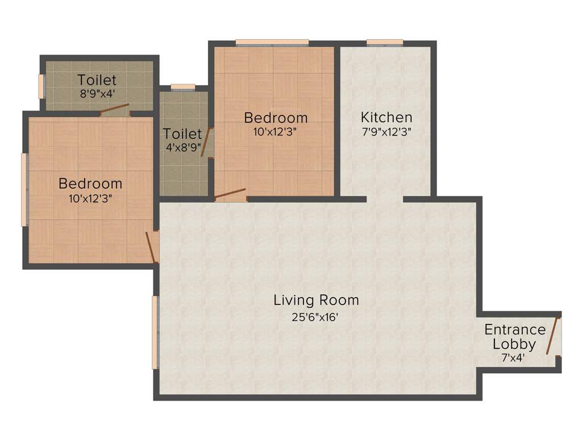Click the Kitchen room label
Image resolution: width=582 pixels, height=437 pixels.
click(x=386, y=118)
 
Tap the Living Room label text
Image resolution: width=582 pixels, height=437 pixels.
click(x=316, y=300)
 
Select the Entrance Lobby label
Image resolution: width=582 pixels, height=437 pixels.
click(x=514, y=337)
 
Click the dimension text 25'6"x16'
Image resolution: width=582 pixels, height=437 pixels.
click(x=315, y=318)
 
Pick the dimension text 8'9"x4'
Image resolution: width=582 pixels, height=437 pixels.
click(x=97, y=94)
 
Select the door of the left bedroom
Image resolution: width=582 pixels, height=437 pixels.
click(x=151, y=247)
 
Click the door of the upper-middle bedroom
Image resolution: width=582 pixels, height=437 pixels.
click(x=230, y=194)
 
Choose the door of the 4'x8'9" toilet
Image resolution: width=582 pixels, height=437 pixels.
click(x=208, y=142)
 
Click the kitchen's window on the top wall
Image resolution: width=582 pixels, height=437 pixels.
click(x=385, y=42)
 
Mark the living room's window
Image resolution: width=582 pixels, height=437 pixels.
click(x=155, y=332)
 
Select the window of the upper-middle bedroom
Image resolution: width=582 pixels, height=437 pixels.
click(x=272, y=42)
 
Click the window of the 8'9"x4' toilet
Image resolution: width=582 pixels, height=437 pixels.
click(x=41, y=86)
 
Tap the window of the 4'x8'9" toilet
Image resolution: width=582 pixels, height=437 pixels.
click(x=182, y=87)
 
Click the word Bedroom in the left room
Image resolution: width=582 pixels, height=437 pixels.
click(x=90, y=184)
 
